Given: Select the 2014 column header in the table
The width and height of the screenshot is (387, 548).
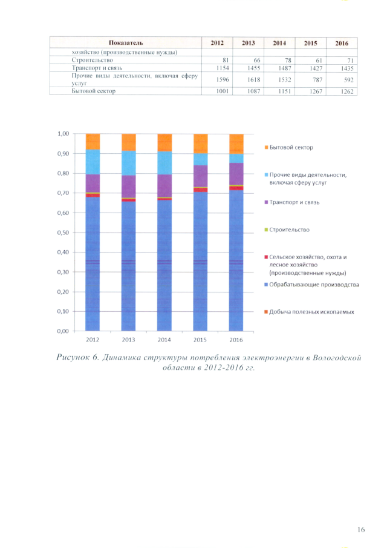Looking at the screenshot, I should (279, 44).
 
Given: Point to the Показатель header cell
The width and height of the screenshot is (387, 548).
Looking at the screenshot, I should (126, 44).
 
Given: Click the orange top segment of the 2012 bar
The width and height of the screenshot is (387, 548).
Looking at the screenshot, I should (93, 141).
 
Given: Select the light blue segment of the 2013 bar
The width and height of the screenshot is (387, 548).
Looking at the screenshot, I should (129, 163).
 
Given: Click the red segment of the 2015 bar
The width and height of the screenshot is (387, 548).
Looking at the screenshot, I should (200, 190).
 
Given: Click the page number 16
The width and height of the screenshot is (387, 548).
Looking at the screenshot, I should (360, 530).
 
